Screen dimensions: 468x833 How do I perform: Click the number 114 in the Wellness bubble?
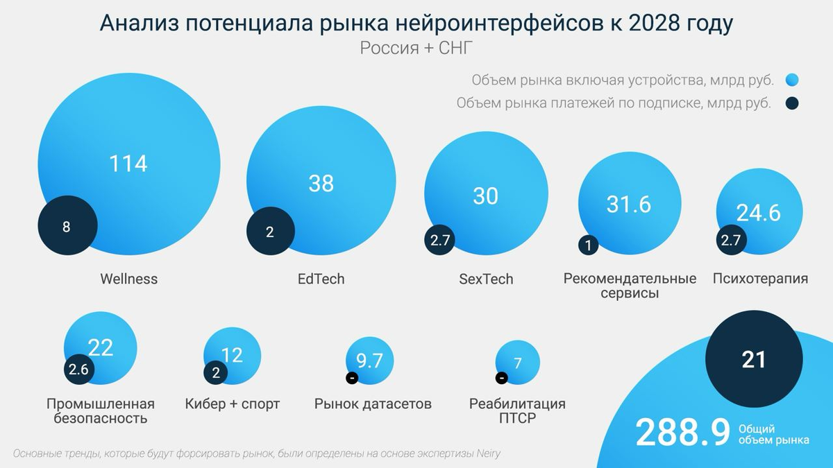coord(128,164)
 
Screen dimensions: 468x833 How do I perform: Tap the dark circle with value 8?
coord(67,227)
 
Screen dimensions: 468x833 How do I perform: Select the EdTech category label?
coord(321,279)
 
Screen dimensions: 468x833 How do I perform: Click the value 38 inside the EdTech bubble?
coord(321,183)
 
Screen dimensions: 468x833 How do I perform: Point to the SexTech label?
coord(486,279)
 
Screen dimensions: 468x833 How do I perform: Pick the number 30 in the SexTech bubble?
coord(485,196)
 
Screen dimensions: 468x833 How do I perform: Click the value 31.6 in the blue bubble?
coord(628,205)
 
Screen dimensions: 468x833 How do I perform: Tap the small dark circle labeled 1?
coord(588,245)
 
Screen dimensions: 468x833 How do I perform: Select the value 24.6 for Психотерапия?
coord(759,212)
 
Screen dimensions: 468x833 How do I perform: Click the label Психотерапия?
coord(760,279)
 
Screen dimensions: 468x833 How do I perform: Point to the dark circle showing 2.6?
coord(78,370)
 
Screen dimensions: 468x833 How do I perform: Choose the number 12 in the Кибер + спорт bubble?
coord(232,355)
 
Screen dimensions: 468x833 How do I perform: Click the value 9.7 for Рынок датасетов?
coord(369,360)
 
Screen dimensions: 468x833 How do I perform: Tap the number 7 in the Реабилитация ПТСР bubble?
coord(517,363)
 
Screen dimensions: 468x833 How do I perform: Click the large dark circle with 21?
coord(753,359)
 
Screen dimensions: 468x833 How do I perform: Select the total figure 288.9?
coord(682,433)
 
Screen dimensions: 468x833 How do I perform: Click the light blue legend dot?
coord(792,80)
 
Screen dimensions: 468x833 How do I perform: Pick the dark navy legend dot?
coord(792,103)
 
